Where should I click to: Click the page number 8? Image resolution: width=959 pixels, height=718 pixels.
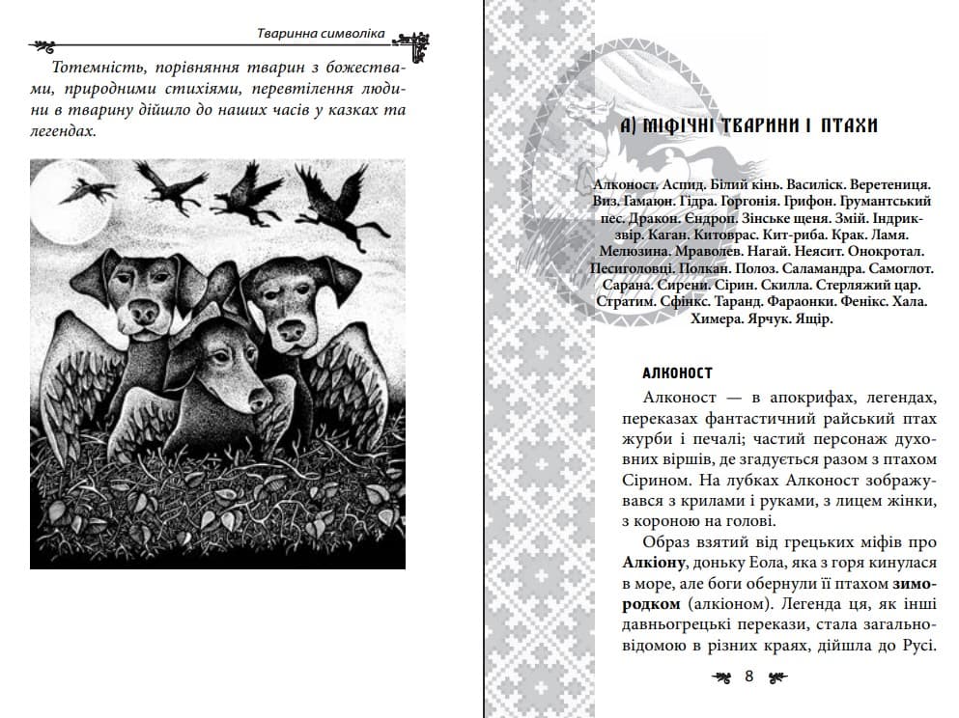click(x=748, y=677)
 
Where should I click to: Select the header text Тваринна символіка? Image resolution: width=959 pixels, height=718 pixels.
click(x=315, y=34)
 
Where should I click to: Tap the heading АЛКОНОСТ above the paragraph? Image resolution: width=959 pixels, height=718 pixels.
click(x=677, y=373)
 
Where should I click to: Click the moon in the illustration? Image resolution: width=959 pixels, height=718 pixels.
click(x=57, y=202)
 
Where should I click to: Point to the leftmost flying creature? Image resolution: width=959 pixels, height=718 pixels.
click(x=87, y=191)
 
